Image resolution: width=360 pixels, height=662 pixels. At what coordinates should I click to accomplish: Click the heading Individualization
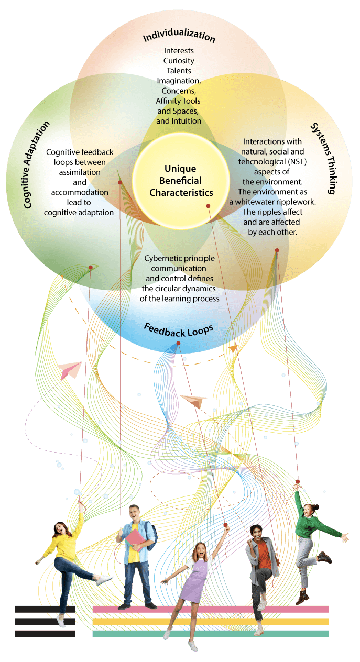point(179,37)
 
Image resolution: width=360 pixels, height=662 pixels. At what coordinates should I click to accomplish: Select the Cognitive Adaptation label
point(37,164)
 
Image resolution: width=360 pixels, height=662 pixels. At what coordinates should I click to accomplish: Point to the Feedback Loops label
point(179,330)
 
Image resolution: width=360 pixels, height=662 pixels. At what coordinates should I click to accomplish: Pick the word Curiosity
point(179,60)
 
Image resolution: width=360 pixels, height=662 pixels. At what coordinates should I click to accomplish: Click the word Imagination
point(179,80)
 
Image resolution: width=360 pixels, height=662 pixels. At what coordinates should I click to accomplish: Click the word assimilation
point(80,172)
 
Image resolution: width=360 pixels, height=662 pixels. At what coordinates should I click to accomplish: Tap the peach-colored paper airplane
point(194,400)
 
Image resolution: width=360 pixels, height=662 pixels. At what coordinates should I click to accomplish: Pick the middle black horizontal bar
point(45,622)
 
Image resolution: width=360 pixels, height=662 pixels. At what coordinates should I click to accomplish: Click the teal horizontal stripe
point(210,634)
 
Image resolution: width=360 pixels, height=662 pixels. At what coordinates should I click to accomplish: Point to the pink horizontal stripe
point(210,609)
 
